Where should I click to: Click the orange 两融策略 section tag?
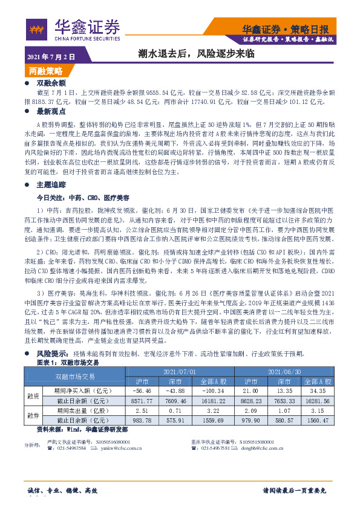[x=45, y=70]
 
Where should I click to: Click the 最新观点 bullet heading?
[x=50, y=111]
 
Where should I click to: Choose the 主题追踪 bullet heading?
[x=50, y=184]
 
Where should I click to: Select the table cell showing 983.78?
[x=143, y=421]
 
